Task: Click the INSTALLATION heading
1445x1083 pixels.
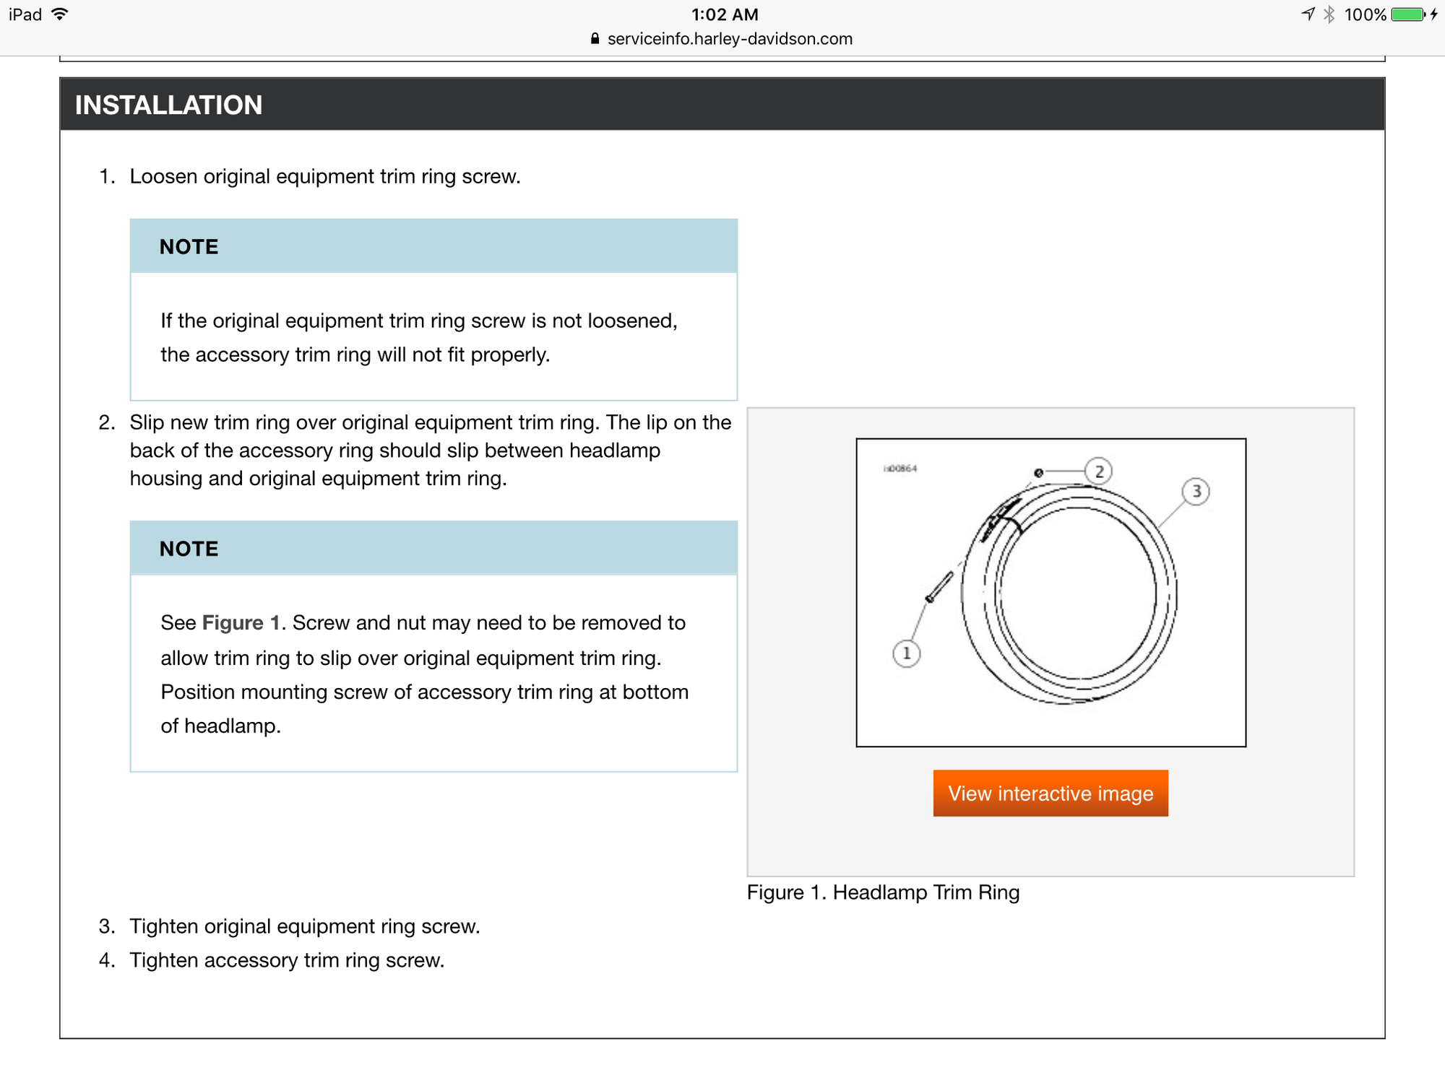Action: [168, 105]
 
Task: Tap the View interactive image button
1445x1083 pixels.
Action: [1051, 793]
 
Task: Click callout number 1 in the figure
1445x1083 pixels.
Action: [907, 654]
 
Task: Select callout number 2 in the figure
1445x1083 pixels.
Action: [1099, 472]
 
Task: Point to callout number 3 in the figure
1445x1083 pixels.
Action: [1196, 492]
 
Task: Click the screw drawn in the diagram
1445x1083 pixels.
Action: [940, 586]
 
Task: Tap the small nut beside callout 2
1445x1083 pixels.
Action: [1038, 473]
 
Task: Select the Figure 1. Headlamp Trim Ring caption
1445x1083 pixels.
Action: [883, 893]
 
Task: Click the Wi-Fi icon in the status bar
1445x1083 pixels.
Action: [60, 14]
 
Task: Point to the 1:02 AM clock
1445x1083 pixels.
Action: [725, 14]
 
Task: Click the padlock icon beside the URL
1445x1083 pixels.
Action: [595, 39]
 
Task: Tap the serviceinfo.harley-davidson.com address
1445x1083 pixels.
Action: [730, 39]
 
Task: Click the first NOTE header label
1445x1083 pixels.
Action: [189, 247]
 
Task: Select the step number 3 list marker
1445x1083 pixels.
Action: [107, 926]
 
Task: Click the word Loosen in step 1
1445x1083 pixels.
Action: [163, 177]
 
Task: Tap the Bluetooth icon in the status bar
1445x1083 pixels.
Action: [1329, 14]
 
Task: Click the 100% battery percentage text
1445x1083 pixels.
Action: [1365, 14]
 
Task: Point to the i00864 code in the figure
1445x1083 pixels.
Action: [900, 469]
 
